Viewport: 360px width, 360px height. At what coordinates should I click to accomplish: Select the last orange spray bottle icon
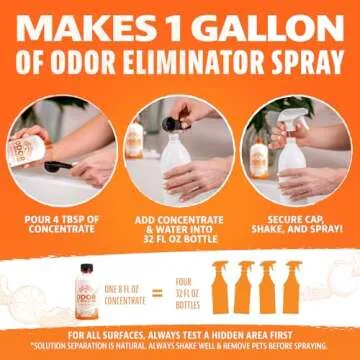[293, 289]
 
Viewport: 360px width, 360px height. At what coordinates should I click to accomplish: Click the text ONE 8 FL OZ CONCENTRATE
[122, 293]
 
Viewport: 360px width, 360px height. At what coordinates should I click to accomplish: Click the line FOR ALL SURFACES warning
[180, 334]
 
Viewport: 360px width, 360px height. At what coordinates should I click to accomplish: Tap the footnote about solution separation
[180, 345]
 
